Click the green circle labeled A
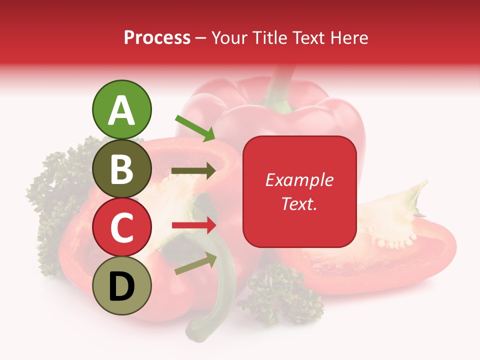pos(121,109)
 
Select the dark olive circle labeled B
pos(121,168)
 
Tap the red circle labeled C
pos(121,227)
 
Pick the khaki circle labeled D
pos(121,285)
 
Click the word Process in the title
pos(157,37)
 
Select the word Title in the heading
pos(269,37)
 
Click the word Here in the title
pos(348,37)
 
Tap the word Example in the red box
pos(299,180)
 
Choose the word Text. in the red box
pos(299,203)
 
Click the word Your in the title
pos(230,37)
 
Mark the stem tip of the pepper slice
pos(417,192)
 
